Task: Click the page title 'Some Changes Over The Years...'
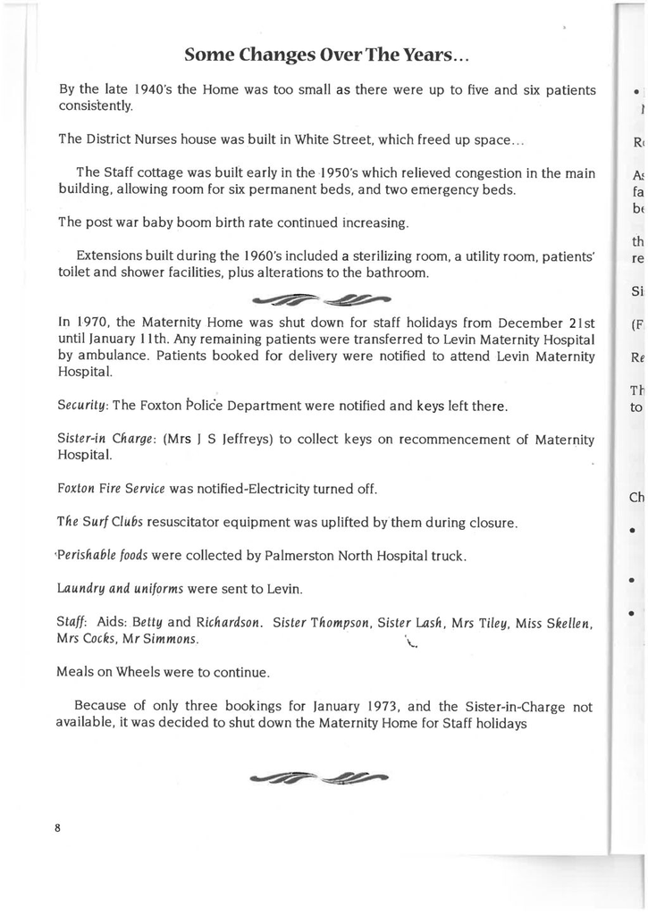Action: coord(326,55)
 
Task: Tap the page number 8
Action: coord(57,827)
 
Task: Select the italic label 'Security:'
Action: coord(83,407)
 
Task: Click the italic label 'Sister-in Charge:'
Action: coord(106,440)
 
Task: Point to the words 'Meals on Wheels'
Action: coord(108,672)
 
